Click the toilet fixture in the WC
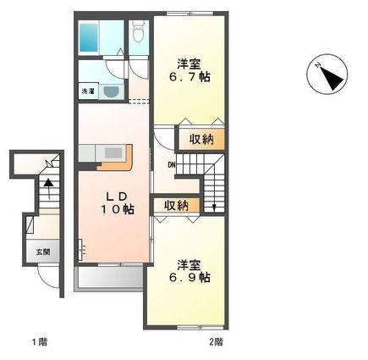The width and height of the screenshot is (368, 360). [x=138, y=31]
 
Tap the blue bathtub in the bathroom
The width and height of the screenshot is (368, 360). [x=88, y=38]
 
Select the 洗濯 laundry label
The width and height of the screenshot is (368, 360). [x=88, y=91]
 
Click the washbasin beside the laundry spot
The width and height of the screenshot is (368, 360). [x=112, y=91]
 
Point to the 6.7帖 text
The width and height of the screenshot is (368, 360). [x=189, y=77]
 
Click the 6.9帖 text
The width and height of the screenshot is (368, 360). [x=189, y=278]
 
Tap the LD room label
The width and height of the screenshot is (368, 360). [x=118, y=197]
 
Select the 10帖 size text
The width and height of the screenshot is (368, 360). [x=118, y=209]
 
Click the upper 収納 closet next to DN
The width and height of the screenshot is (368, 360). [x=201, y=139]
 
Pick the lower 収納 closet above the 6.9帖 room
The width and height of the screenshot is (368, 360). [x=177, y=205]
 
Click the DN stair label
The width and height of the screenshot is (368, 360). [x=172, y=164]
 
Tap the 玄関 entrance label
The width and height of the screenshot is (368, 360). [x=43, y=252]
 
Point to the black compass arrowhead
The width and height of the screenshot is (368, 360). [x=332, y=79]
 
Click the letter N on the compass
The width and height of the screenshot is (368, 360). [x=317, y=65]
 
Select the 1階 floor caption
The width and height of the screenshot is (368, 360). [x=39, y=342]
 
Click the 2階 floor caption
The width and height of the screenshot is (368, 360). [x=216, y=342]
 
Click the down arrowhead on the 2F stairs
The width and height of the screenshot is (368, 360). [x=214, y=208]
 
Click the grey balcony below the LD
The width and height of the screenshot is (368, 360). [x=110, y=277]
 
